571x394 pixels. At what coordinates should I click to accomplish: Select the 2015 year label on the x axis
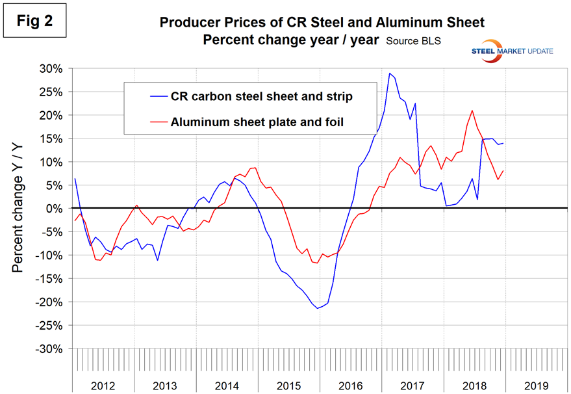coord(289,385)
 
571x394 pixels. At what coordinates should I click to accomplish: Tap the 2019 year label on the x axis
coord(537,385)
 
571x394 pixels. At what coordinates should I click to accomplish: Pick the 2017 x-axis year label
coord(413,385)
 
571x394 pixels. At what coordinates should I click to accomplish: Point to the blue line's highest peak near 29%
coord(389,73)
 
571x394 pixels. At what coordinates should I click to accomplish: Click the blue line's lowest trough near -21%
coord(318,308)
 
